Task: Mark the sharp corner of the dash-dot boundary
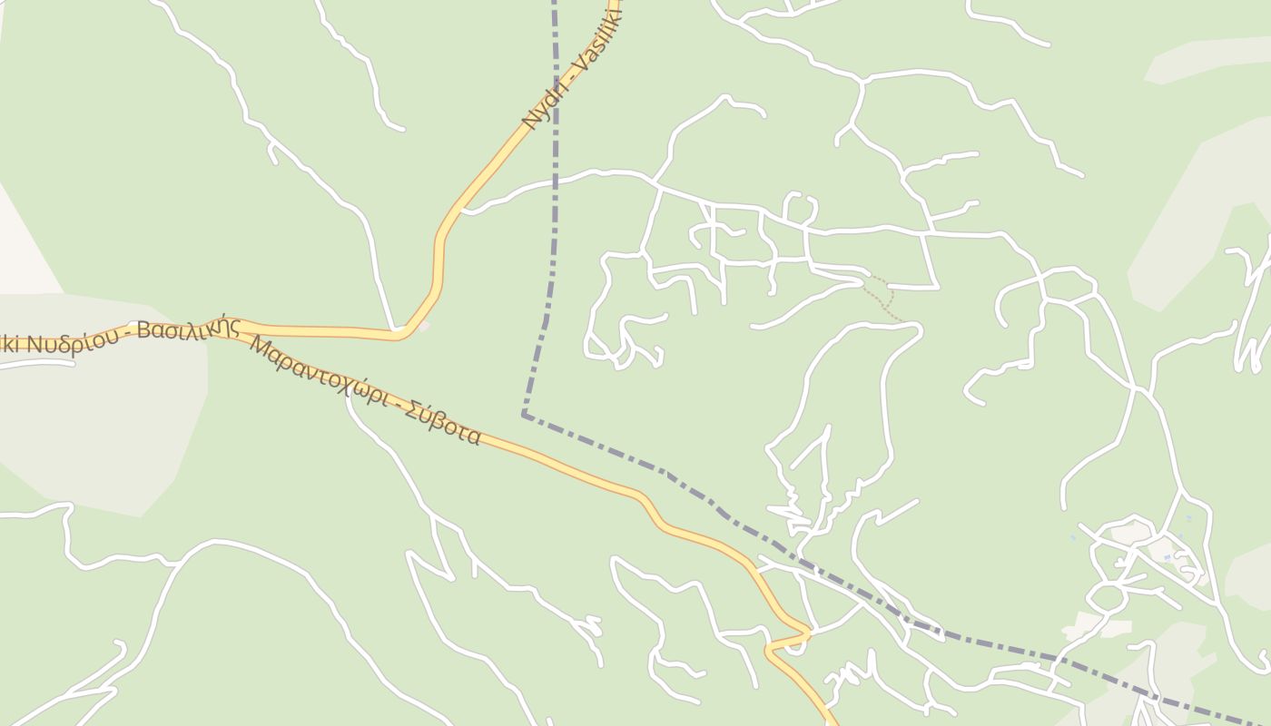point(525,415)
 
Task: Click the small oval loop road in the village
point(1107,598)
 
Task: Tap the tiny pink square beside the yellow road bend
point(423,326)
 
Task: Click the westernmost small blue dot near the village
point(1073,538)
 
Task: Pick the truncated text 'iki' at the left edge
point(11,346)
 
